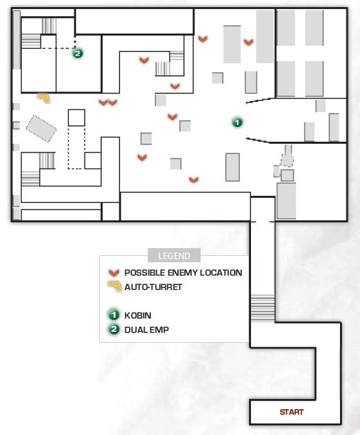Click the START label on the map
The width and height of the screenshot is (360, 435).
[x=292, y=412]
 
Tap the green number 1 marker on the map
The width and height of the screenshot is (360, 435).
[x=237, y=122]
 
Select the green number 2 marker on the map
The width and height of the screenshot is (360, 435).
[x=78, y=53]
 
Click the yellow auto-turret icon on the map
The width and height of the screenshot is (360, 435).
[x=44, y=98]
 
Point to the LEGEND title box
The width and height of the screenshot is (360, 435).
[x=174, y=255]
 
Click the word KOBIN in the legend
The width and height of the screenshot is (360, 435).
[x=138, y=315]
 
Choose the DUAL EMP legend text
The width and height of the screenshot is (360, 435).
[x=146, y=330]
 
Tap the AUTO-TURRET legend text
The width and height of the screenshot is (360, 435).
[x=153, y=287]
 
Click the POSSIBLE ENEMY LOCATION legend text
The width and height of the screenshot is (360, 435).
[x=183, y=273]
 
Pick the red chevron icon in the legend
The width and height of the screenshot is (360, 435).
[x=114, y=273]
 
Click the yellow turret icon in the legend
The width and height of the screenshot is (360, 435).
[x=114, y=286]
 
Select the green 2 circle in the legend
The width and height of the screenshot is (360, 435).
[x=114, y=329]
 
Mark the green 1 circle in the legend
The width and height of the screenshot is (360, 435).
[x=114, y=315]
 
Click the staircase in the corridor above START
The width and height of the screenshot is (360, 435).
[x=263, y=308]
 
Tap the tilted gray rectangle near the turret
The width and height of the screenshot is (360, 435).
[x=41, y=129]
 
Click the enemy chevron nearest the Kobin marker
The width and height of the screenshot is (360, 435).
[x=172, y=117]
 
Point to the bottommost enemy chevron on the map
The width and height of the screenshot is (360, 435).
[x=194, y=180]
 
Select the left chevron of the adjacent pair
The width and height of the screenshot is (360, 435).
[x=103, y=102]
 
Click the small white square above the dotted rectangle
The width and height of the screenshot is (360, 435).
[x=76, y=118]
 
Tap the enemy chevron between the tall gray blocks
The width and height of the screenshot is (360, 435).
[x=248, y=42]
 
